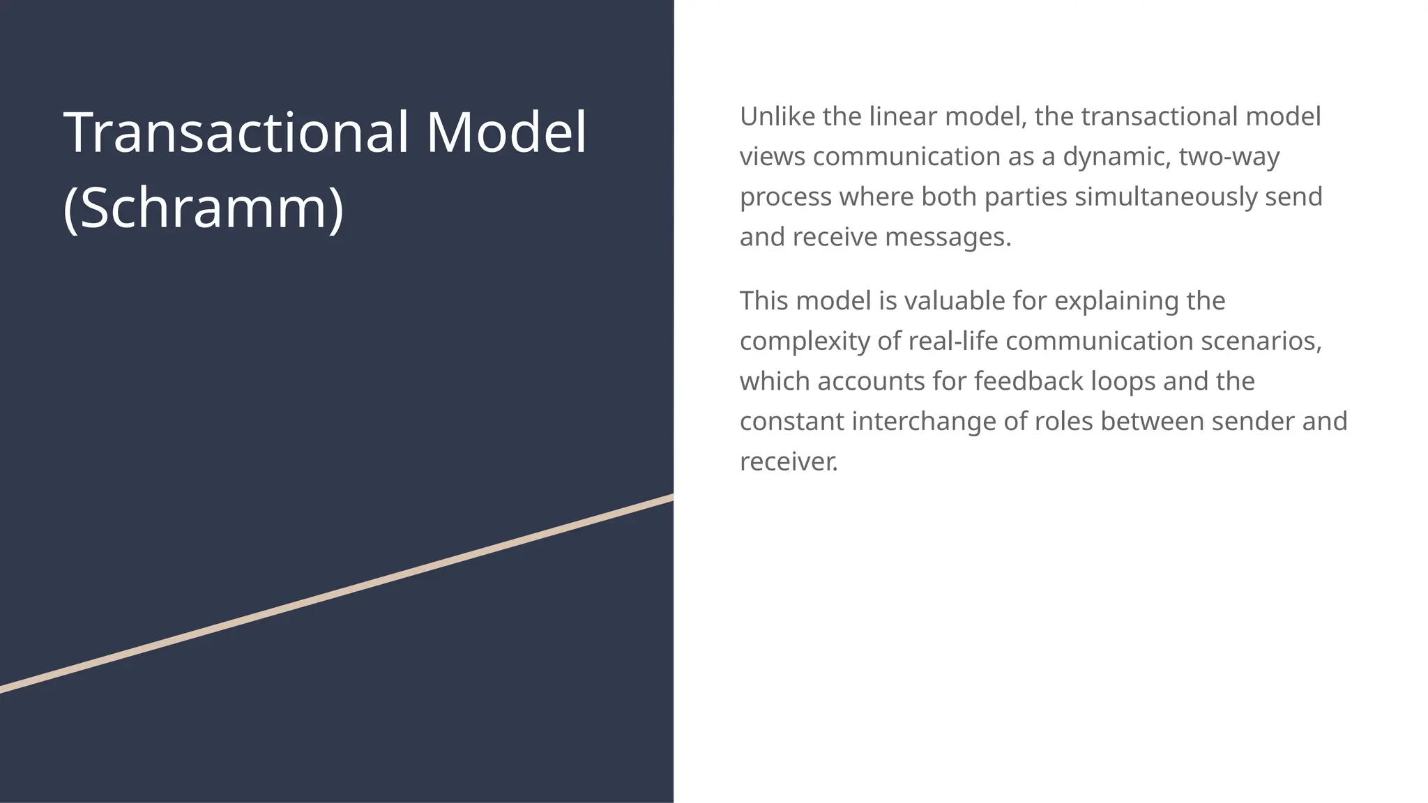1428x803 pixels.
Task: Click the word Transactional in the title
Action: [x=236, y=132]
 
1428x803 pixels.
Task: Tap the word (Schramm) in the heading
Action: [x=203, y=208]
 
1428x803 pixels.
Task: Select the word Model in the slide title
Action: [x=506, y=132]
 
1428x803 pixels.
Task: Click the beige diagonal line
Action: [x=337, y=593]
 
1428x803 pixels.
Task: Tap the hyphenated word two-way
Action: [x=1229, y=157]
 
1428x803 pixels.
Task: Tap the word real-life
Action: [x=952, y=342]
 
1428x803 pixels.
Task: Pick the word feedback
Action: [x=1028, y=381]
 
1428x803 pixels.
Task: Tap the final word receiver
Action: [x=789, y=462]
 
